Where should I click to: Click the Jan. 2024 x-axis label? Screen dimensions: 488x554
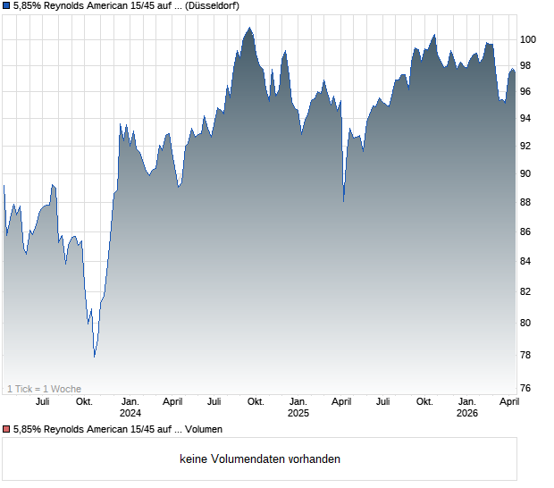point(130,407)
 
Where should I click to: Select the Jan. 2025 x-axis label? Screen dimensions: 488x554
point(298,407)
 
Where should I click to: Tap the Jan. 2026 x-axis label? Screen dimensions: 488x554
point(466,407)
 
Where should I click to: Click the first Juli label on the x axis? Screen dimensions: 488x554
point(42,401)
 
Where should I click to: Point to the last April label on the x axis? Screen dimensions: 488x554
point(508,401)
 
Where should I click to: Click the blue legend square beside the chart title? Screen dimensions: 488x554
point(5,5)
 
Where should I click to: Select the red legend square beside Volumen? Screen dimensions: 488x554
point(5,430)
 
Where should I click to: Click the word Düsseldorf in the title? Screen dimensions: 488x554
point(212,5)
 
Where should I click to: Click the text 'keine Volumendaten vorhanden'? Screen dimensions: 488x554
point(260,459)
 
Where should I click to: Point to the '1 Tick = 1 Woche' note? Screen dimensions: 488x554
point(44,388)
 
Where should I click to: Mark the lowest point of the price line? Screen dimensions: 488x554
point(95,357)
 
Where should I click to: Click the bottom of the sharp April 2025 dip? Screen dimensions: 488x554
point(344,201)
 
